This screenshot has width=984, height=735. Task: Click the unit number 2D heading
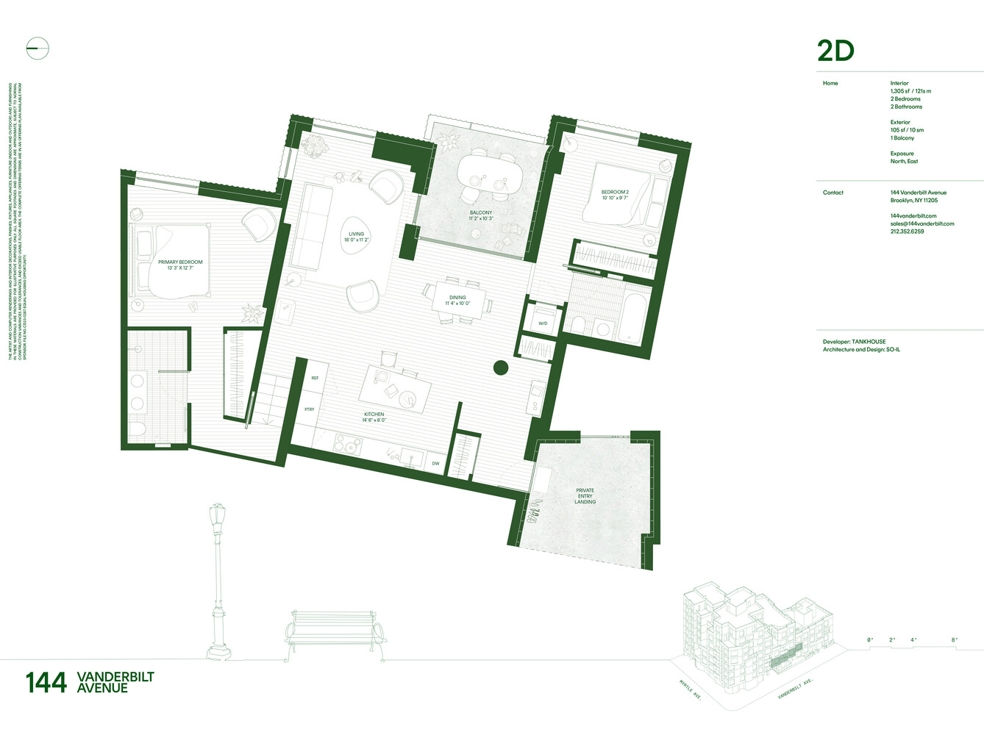835,51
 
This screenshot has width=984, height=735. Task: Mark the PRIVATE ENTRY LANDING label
585,496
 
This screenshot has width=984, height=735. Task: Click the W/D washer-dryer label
543,323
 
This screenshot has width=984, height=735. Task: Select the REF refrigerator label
315,378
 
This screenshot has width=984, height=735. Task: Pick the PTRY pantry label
310,409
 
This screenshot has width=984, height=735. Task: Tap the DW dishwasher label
435,464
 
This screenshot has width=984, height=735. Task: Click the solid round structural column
501,367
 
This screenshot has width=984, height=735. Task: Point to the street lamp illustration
218,581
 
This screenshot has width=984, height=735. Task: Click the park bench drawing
335,632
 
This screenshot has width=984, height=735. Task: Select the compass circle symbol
38,49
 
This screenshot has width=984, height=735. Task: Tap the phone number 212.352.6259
907,232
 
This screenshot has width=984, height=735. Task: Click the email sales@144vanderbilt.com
922,223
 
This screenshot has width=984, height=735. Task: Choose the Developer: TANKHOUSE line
854,342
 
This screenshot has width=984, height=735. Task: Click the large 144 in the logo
46,683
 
